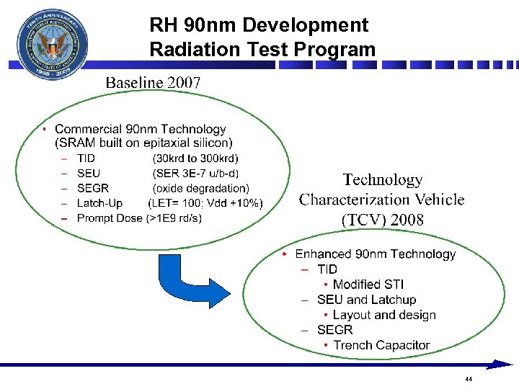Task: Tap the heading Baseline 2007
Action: coord(153,82)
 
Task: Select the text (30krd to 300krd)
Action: coord(195,158)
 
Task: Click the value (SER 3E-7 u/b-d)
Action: coord(195,173)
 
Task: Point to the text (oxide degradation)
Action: coord(200,188)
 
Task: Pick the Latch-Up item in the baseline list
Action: coord(99,203)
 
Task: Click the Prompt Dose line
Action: coord(139,218)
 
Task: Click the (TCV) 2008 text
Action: coord(382,220)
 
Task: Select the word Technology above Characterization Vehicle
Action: coord(382,179)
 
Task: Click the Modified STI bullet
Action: coord(368,285)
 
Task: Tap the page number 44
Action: coord(469,379)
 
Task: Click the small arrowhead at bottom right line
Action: coord(502,365)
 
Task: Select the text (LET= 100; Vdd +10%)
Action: coord(205,203)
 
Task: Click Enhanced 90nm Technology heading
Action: coord(375,254)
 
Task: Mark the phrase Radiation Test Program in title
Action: coord(262,50)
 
